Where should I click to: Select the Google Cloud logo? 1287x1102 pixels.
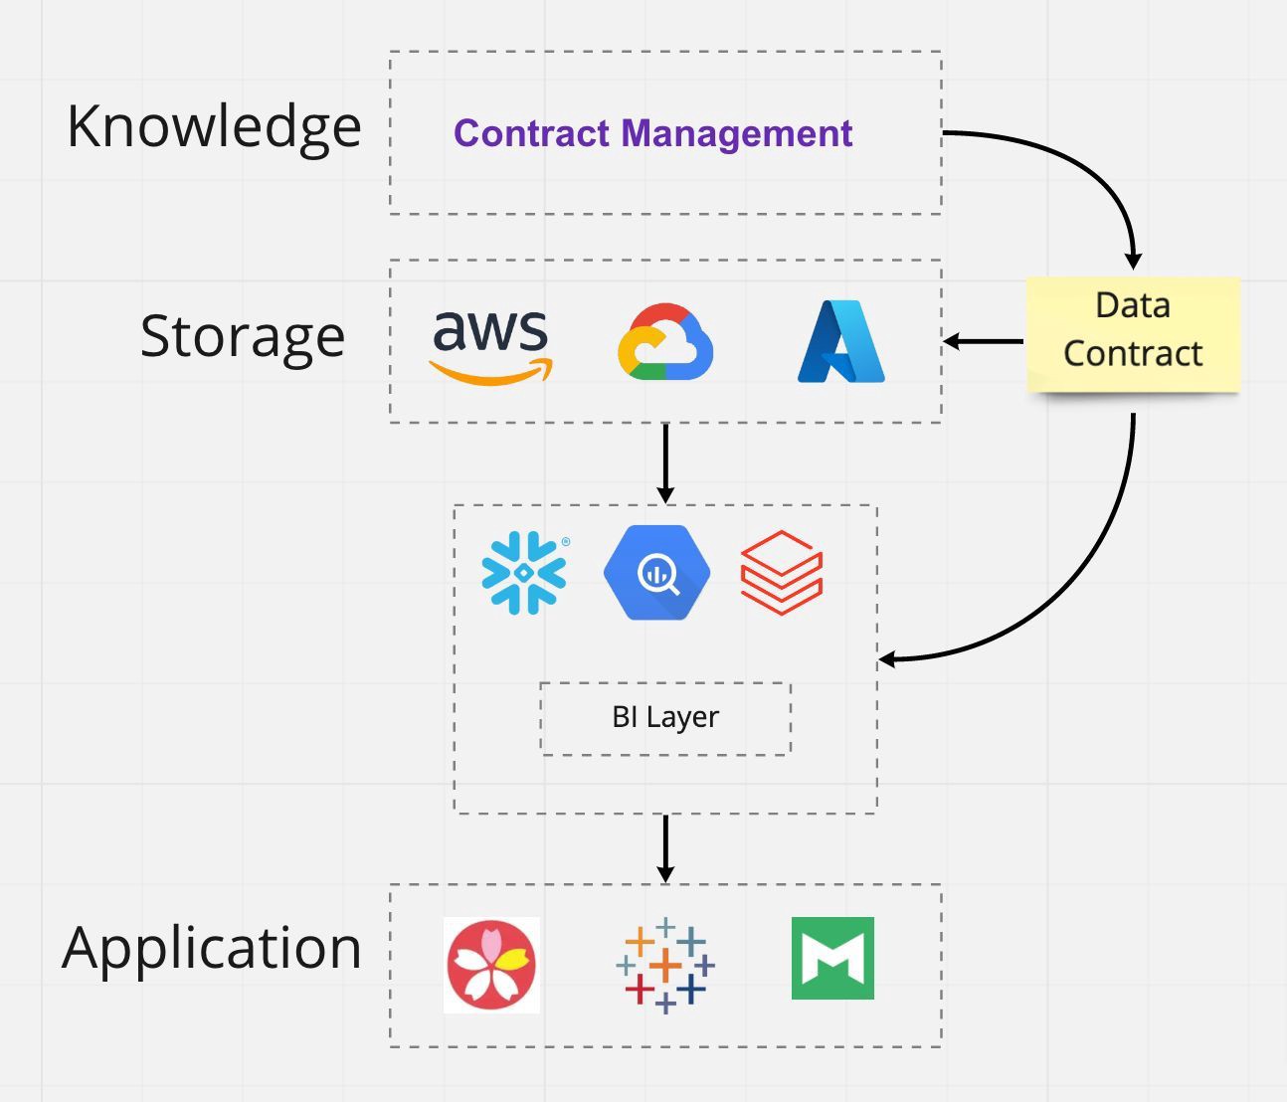665,342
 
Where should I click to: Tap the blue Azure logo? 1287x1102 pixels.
841,342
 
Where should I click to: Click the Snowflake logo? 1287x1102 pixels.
524,573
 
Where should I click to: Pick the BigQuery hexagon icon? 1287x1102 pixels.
656,573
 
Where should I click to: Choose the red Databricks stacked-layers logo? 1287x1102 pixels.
782,573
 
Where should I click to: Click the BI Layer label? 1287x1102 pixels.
665,717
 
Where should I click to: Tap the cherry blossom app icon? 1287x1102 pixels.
491,965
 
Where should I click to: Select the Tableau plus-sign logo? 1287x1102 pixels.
665,965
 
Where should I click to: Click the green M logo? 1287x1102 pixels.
832,959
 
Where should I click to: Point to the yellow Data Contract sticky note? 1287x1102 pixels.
1133,332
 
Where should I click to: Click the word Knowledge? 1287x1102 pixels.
214,127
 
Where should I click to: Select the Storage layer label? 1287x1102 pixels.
243,336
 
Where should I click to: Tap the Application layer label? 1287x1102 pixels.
212,948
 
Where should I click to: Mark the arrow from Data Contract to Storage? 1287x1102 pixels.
984,341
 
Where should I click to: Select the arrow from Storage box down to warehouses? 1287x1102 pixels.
665,462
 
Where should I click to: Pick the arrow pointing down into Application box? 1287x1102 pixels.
665,848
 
